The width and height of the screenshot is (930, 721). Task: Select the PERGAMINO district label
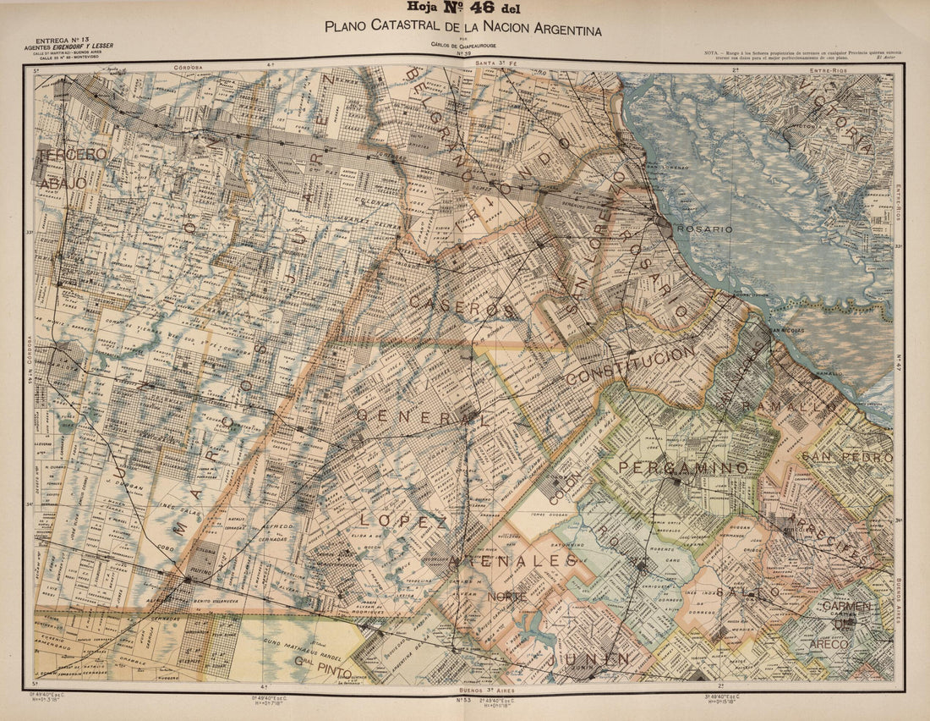683,468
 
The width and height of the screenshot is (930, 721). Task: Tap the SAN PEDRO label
846,457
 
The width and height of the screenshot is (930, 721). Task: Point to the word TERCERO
74,155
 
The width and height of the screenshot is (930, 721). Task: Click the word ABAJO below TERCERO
62,183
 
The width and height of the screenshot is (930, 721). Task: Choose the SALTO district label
747,592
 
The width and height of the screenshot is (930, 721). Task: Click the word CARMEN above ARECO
846,607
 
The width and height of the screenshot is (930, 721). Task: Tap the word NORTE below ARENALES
506,597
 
